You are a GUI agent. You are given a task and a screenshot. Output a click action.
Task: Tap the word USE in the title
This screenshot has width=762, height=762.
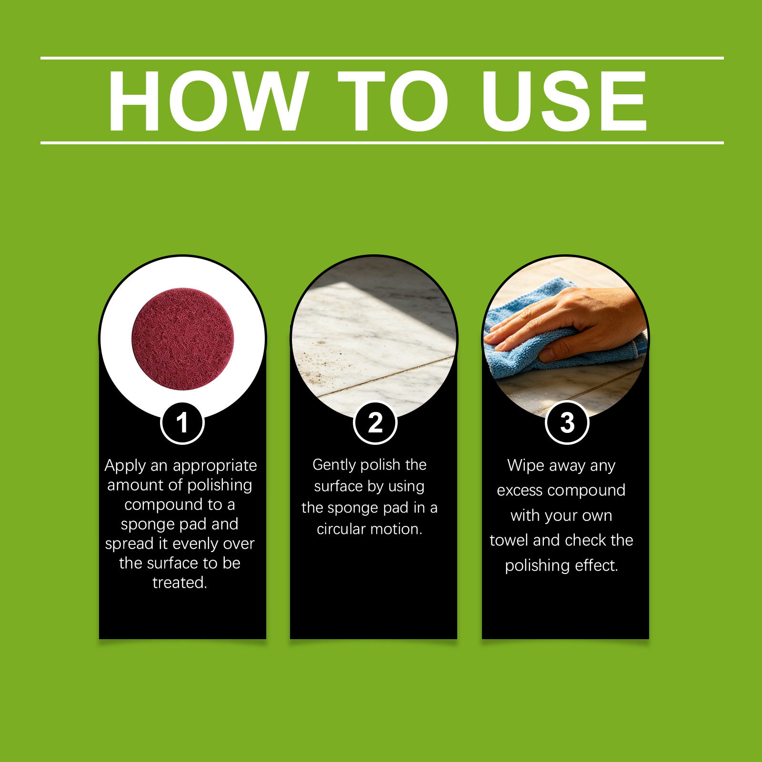pos(564,100)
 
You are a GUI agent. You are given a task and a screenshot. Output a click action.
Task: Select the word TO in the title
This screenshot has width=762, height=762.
pos(393,100)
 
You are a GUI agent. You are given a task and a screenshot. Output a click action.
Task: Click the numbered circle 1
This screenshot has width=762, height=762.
pos(182,423)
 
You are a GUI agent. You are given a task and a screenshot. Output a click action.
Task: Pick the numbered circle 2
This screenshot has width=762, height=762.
pos(375,423)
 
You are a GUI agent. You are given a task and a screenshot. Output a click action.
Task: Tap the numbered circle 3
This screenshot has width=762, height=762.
pos(567,423)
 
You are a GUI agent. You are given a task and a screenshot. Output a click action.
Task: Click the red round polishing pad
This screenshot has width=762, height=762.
pos(183,339)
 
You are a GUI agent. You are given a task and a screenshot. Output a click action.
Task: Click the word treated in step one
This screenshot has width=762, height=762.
pos(180,582)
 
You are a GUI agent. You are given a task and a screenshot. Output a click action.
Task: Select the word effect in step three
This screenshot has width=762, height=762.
pos(596,565)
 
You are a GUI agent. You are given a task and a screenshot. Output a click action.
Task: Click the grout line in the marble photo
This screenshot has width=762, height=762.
pos(386,376)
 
